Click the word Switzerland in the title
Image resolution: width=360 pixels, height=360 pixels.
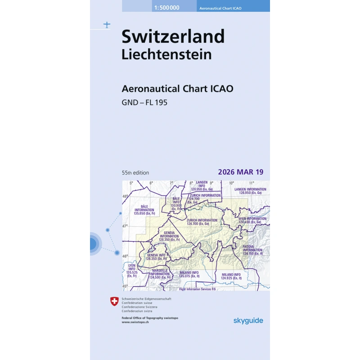coord(173,36)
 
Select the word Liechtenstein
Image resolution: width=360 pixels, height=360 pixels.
coord(166,54)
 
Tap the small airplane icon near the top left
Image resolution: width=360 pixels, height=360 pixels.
coord(107,24)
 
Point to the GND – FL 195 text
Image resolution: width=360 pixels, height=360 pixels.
coord(144,102)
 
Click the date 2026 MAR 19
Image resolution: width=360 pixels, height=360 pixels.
coord(240,172)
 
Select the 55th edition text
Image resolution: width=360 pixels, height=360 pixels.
coord(135,173)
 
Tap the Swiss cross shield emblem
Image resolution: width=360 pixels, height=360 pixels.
coord(114,301)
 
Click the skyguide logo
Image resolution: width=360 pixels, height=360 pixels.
coord(248,320)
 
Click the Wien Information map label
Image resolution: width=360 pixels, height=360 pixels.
coord(252,220)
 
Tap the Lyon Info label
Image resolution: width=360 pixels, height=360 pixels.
coord(131,270)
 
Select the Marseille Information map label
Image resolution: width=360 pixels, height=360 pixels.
coord(160,274)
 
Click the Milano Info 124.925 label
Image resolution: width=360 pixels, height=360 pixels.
coord(231,276)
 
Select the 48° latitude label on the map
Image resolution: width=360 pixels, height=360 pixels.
coord(126,196)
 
